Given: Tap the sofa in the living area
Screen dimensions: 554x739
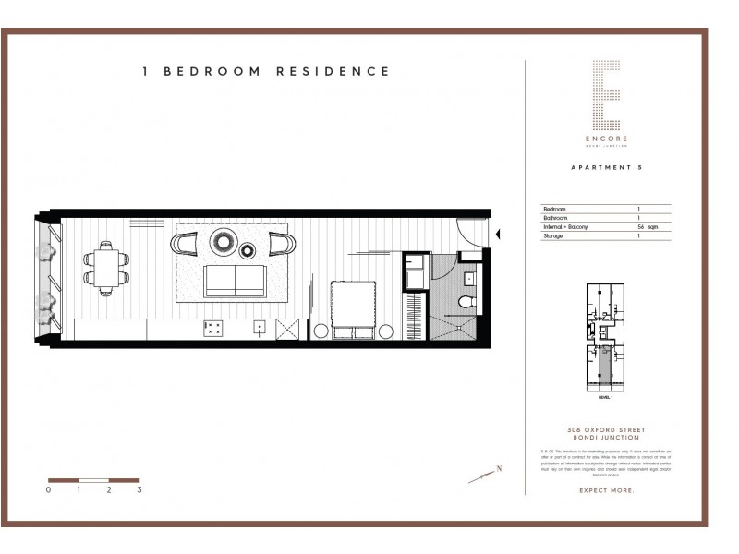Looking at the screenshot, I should pos(235,280).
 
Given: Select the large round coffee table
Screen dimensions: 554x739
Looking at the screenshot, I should pos(224,243).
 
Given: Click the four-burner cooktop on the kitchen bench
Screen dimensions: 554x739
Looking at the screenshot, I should pos(212,328).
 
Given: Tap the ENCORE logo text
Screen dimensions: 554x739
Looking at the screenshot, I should pos(605,138).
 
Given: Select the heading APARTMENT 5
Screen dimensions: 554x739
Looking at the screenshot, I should pos(606,168).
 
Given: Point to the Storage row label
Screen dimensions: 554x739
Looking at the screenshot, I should pos(552,236).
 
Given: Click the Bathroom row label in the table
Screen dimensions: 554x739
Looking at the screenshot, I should pos(555,218).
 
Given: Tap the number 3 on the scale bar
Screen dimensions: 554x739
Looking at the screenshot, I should pos(139,490).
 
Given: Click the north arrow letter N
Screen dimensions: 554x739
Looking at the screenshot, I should pos(499,469).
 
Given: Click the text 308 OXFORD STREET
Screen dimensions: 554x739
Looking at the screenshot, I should pos(606,431).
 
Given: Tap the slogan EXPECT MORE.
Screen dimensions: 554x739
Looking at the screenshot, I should pos(606,490).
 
